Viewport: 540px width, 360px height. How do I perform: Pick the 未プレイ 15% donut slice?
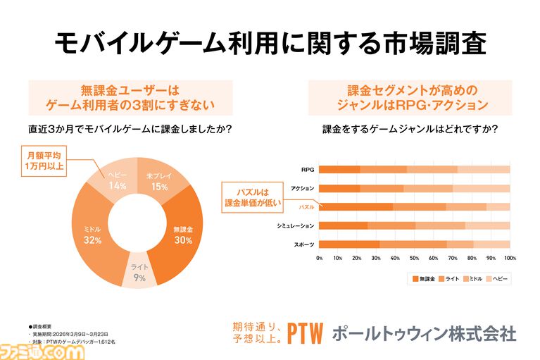click(x=159, y=181)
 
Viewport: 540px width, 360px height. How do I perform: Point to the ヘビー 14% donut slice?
click(x=117, y=180)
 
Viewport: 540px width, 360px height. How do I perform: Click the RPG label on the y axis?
click(x=307, y=169)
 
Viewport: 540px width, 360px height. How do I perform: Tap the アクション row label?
click(x=302, y=188)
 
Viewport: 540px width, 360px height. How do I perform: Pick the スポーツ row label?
click(x=304, y=244)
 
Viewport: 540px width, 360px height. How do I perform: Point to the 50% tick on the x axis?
click(x=415, y=258)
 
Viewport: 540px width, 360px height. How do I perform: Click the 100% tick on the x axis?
click(x=510, y=258)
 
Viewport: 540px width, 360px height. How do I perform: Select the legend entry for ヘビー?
click(x=496, y=279)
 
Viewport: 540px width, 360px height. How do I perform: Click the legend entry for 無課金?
click(x=423, y=279)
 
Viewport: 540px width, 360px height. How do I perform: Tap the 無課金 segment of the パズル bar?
click(x=356, y=207)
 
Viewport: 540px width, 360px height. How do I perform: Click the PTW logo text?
click(x=303, y=333)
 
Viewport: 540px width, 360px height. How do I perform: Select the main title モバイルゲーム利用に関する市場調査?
click(x=270, y=44)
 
